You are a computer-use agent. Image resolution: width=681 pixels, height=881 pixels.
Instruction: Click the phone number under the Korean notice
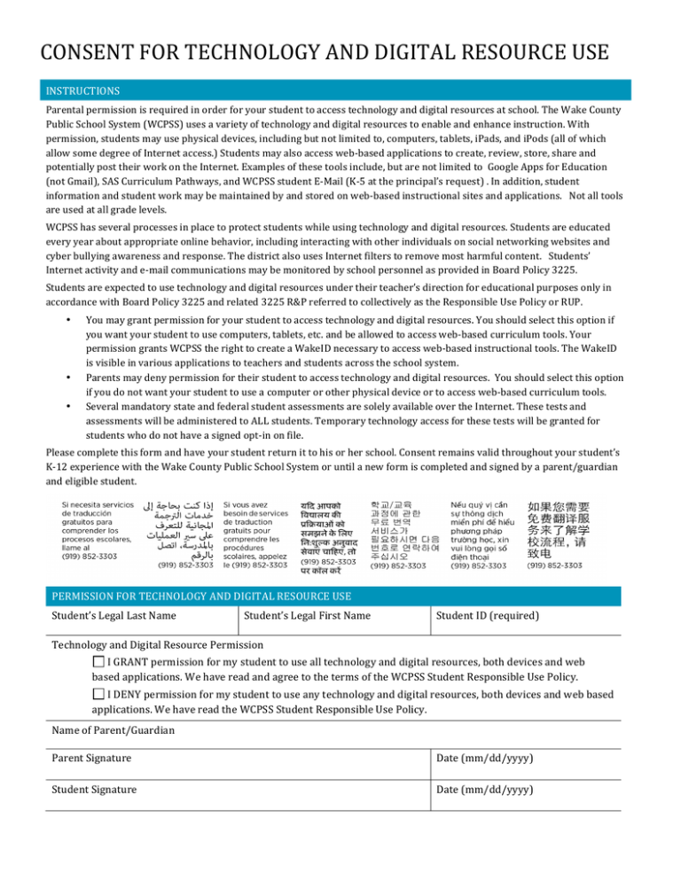pos(397,565)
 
